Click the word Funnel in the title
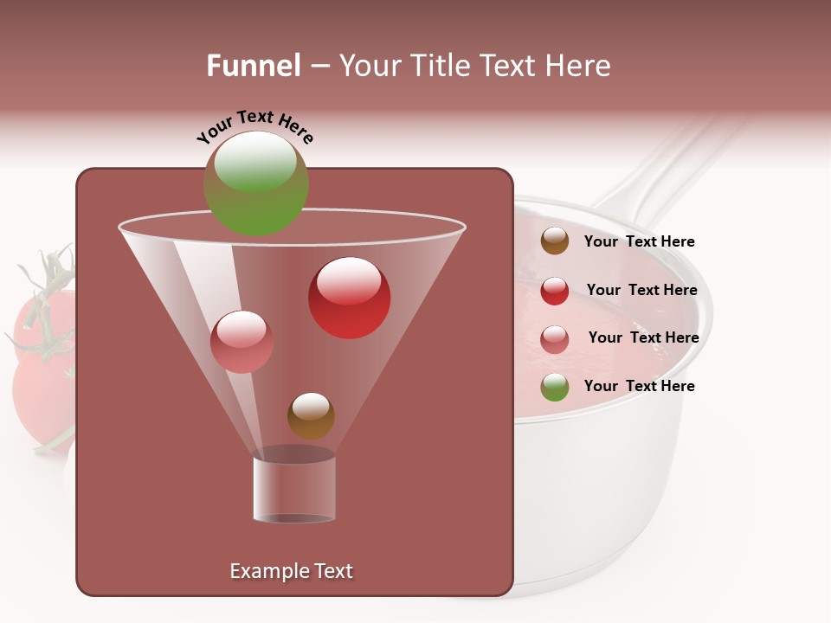pyautogui.click(x=254, y=66)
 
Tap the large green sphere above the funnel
pyautogui.click(x=255, y=183)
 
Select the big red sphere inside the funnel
pyautogui.click(x=349, y=298)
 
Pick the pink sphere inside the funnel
pyautogui.click(x=242, y=342)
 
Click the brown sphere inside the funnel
pyautogui.click(x=311, y=415)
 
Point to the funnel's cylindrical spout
pyautogui.click(x=294, y=486)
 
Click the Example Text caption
pyautogui.click(x=291, y=571)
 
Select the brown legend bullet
pyautogui.click(x=555, y=241)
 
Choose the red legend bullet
pyautogui.click(x=555, y=291)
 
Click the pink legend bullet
pyautogui.click(x=555, y=339)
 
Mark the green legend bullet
pyautogui.click(x=555, y=387)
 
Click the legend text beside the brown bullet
pyautogui.click(x=639, y=242)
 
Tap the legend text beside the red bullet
pyautogui.click(x=641, y=291)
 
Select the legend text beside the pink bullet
pyautogui.click(x=643, y=338)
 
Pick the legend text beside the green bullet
pyautogui.click(x=639, y=386)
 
